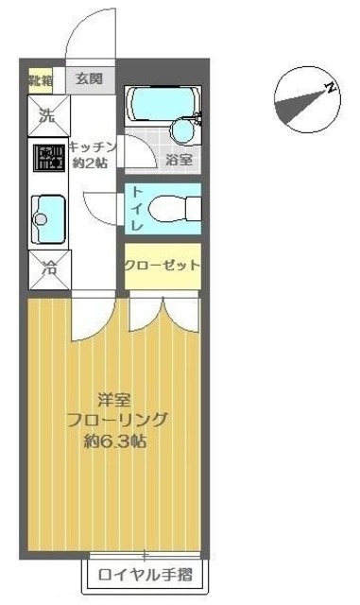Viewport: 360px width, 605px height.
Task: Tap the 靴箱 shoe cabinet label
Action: pos(40,78)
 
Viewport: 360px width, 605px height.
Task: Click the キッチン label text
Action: pos(94,146)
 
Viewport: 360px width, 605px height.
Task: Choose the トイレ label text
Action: pos(136,210)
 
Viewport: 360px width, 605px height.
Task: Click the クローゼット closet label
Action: pos(162,265)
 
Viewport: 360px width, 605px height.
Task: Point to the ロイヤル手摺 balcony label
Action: pos(147,573)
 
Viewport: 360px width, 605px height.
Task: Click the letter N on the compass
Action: pos(331,88)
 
